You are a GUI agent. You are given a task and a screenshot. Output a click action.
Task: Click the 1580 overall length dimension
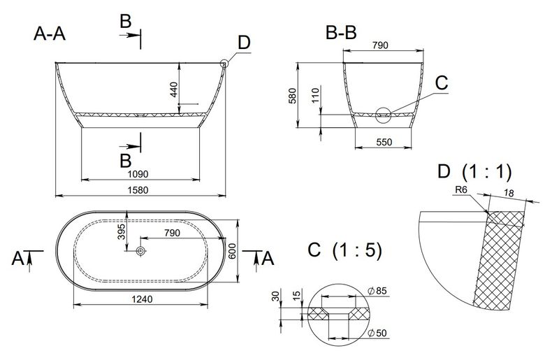(138, 190)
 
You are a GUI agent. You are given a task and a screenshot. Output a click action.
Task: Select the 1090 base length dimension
(138, 174)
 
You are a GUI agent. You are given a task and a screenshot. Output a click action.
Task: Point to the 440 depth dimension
(173, 89)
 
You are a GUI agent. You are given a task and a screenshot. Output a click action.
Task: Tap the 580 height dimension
(292, 96)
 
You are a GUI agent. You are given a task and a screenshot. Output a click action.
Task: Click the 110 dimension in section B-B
(316, 96)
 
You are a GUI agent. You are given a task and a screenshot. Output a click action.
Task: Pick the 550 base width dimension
(384, 142)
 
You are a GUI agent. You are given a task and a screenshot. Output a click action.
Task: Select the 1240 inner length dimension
(142, 299)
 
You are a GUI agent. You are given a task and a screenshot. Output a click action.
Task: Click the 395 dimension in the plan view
(122, 231)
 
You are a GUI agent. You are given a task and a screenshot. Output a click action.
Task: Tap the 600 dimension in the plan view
(232, 251)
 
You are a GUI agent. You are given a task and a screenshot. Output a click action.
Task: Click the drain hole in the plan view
(141, 251)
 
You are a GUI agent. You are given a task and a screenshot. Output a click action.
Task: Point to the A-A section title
(50, 34)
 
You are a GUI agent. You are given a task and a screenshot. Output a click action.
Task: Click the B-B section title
(341, 33)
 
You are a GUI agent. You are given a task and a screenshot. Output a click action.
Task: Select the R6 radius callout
(461, 190)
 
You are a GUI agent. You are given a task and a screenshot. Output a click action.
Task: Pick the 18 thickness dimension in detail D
(509, 193)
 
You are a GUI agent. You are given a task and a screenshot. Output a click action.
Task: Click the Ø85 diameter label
(377, 291)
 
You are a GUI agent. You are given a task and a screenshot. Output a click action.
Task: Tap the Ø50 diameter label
(377, 333)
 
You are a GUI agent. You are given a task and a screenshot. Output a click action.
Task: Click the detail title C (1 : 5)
(344, 250)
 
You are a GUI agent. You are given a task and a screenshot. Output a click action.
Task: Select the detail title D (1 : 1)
(474, 172)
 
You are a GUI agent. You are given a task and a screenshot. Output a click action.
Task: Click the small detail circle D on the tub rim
(224, 64)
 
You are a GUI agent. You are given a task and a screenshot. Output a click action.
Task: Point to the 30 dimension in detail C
(276, 296)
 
